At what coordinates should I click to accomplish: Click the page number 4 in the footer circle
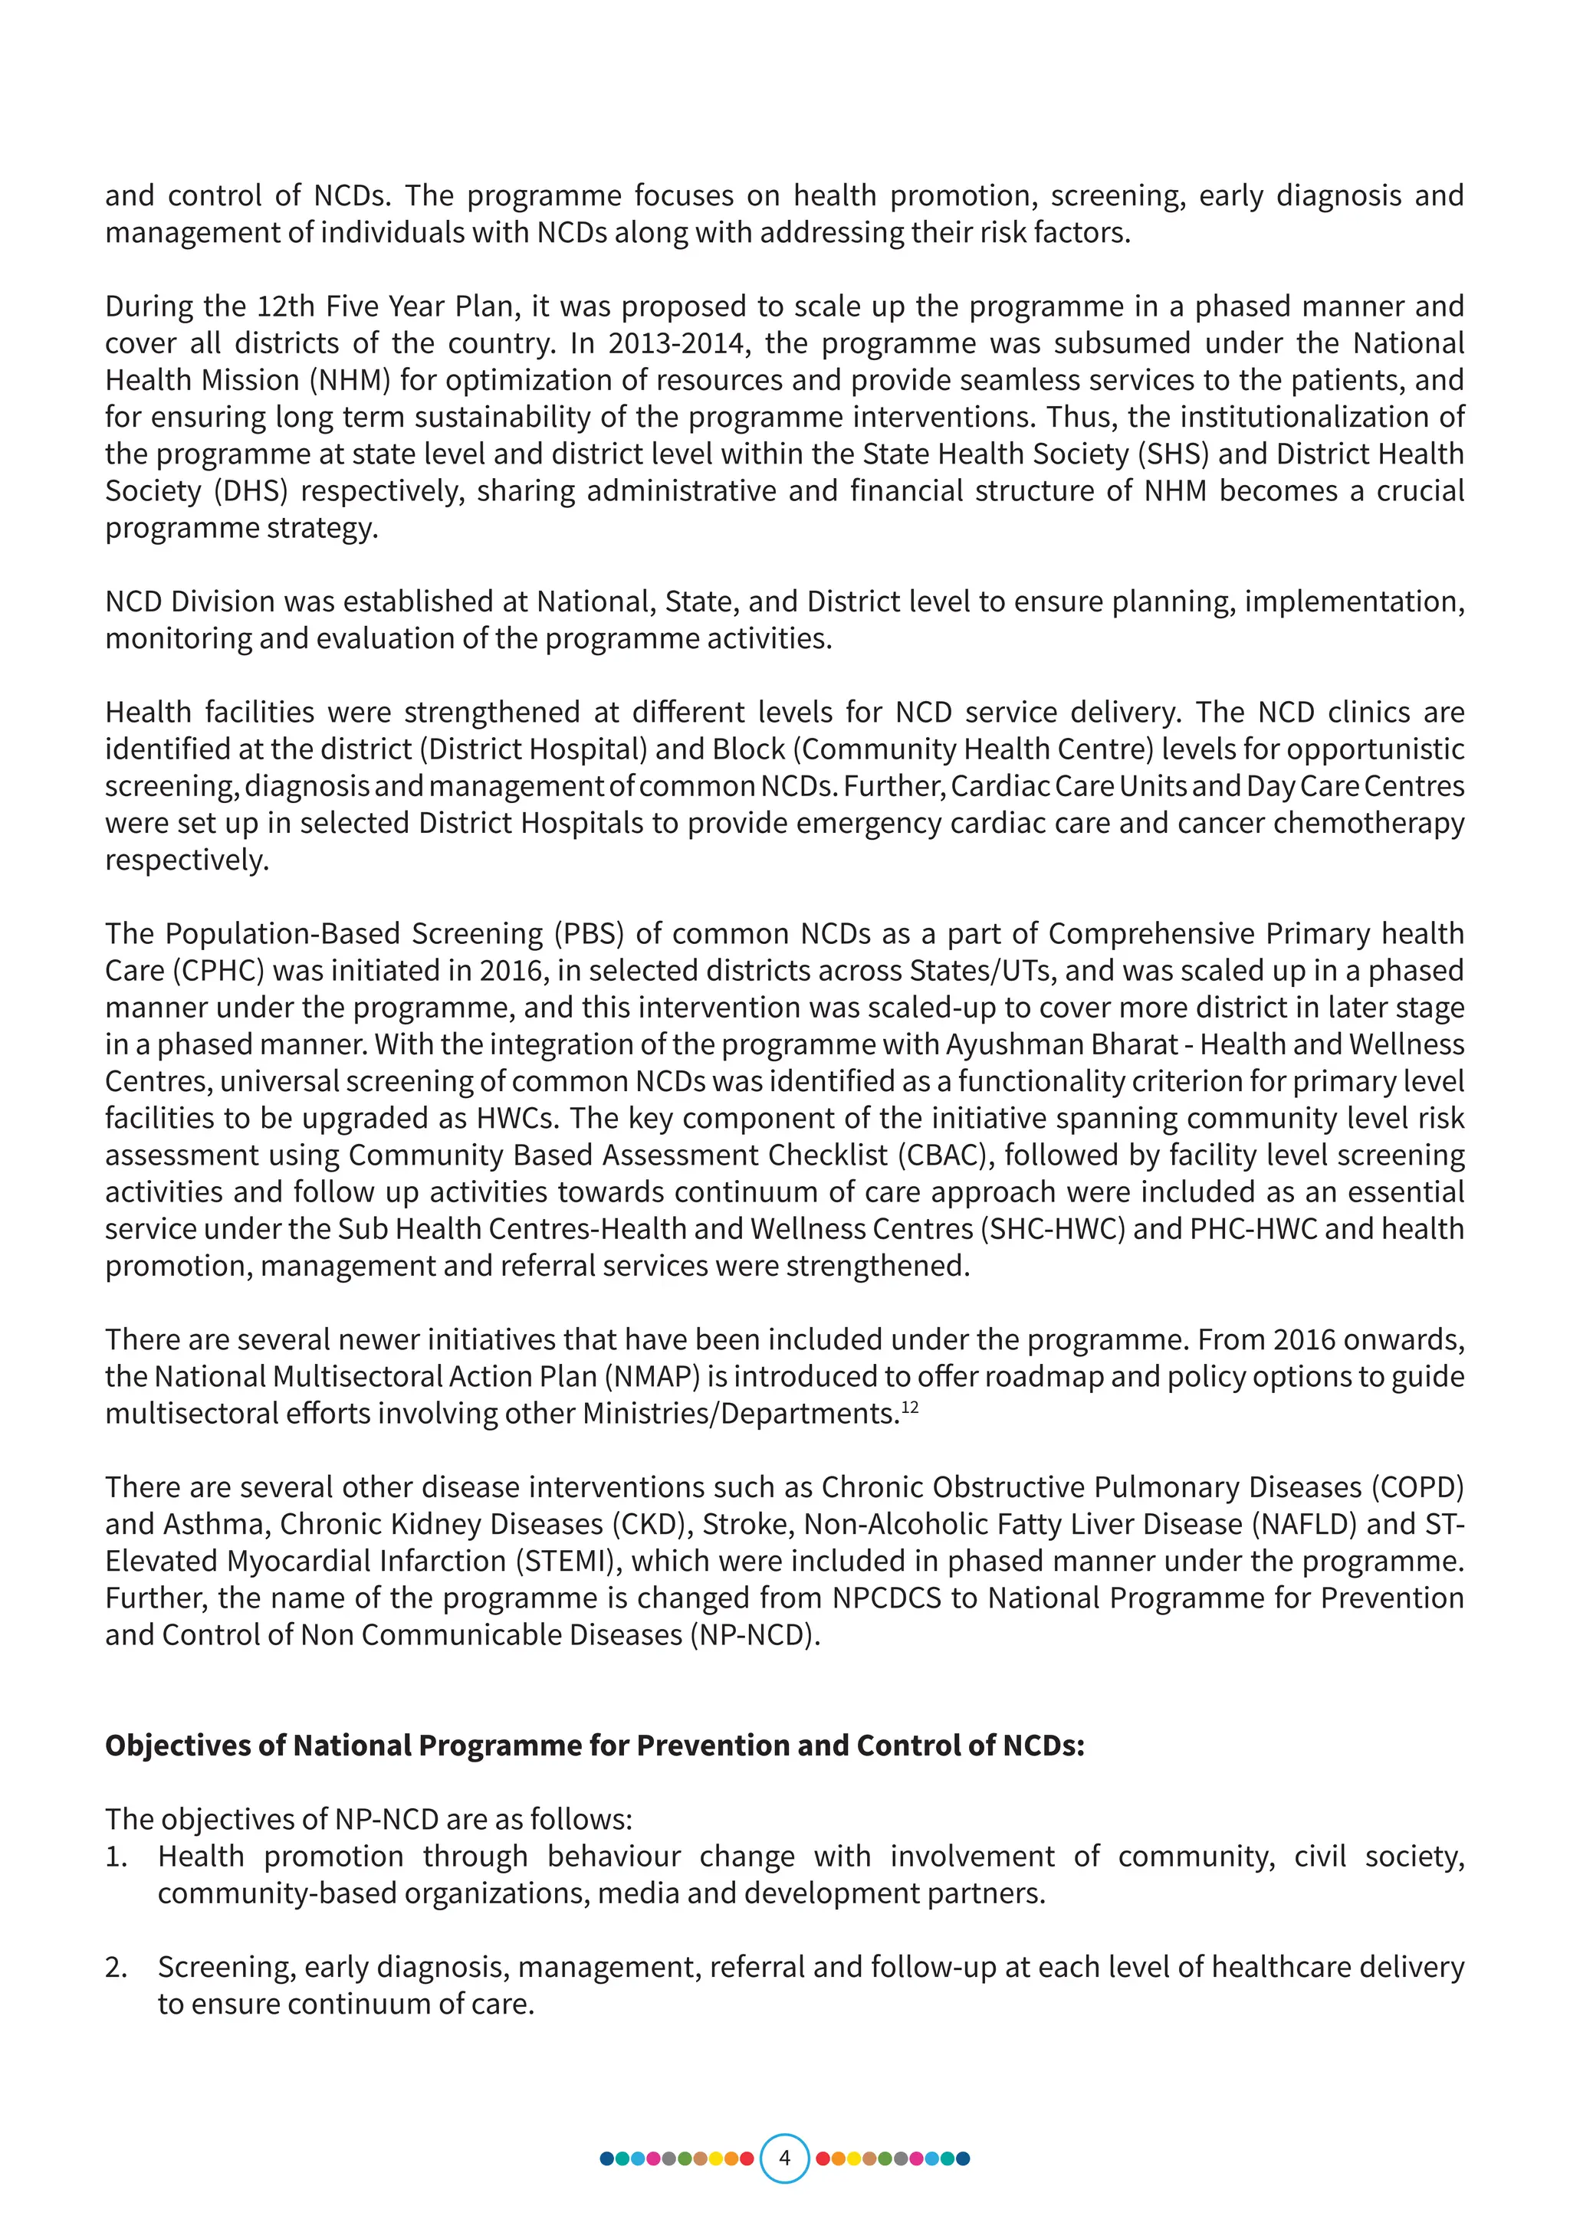pos(784,2158)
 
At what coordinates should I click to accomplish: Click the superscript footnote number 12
pos(910,1407)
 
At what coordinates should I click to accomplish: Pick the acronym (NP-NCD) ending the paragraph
pos(754,1634)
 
